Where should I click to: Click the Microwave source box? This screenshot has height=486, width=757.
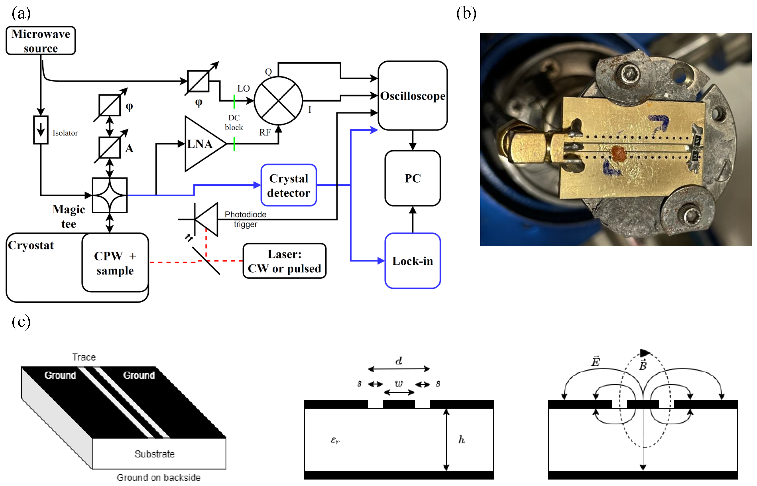(x=41, y=41)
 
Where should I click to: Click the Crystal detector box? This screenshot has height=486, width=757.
(x=289, y=185)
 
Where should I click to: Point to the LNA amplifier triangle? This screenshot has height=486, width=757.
(x=202, y=144)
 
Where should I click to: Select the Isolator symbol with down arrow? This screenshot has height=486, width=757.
(x=41, y=130)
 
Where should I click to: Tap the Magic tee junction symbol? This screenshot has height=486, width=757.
(x=110, y=195)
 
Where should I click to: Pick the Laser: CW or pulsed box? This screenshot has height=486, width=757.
(x=284, y=261)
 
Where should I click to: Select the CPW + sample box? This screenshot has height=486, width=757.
(x=115, y=263)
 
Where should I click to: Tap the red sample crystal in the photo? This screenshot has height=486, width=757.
(x=618, y=153)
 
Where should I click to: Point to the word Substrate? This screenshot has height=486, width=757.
(x=154, y=454)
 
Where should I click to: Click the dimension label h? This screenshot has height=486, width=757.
(x=461, y=439)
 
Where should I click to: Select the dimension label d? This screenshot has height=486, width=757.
(x=399, y=361)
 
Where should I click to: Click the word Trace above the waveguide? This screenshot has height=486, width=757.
(x=84, y=357)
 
